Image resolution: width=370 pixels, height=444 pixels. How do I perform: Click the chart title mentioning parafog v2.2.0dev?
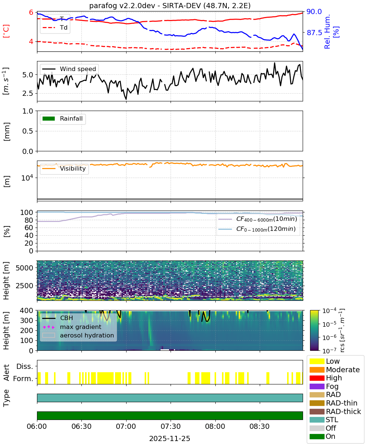[x=170, y=6]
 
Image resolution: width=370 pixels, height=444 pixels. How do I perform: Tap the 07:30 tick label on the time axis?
[x=171, y=426]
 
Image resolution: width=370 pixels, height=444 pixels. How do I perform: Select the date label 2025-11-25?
[x=170, y=438]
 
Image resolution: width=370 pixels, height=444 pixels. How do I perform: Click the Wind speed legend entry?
[x=69, y=69]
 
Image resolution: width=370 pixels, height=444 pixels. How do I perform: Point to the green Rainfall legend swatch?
[x=49, y=118]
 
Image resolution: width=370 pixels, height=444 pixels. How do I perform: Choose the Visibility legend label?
[x=73, y=168]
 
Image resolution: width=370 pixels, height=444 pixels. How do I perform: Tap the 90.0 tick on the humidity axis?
[x=314, y=11]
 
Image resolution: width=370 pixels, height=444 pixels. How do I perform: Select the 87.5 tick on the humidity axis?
[x=314, y=33]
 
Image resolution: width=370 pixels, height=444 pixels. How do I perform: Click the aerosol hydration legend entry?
[x=78, y=335]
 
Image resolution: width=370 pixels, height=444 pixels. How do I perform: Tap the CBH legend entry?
[x=58, y=318]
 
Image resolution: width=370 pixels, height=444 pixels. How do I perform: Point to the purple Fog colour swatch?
[x=317, y=386]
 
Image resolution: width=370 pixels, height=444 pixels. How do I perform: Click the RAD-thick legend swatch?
[x=317, y=411]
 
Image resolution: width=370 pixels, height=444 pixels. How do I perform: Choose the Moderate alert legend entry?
[x=334, y=370]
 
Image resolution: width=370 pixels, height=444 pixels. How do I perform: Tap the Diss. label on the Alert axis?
[x=25, y=366]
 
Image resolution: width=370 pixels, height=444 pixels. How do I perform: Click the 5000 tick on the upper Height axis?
[x=24, y=268]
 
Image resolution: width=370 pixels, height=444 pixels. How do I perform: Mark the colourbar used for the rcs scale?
[x=314, y=330]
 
